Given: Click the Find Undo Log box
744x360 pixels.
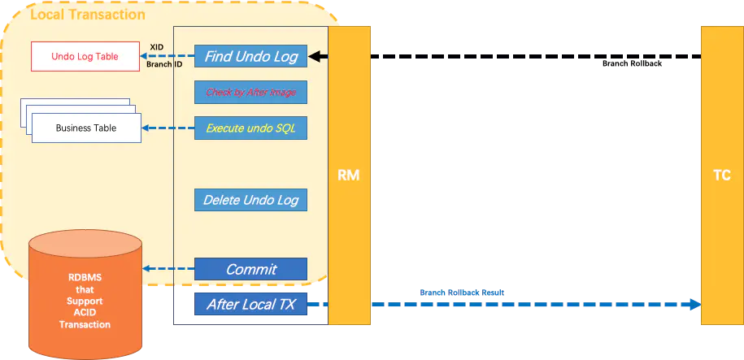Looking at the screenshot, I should point(250,57).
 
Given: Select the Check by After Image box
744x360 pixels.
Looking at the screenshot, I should point(250,93).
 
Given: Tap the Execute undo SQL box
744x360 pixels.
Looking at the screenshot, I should point(250,128).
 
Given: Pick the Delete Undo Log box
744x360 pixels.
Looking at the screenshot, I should point(250,200).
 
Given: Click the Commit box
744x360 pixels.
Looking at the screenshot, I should point(250,269).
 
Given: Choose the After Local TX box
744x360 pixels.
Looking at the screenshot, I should point(250,305).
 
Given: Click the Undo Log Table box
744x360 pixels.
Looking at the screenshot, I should point(85,57).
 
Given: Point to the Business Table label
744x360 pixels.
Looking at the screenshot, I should point(85,128).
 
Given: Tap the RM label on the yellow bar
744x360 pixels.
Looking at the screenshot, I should point(349,176).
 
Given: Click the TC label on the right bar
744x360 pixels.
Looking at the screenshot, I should point(721,176).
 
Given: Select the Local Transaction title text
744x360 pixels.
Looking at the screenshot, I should point(88,15).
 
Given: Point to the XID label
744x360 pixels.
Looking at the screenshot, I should point(157,47).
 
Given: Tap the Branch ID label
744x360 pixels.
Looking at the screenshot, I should point(163,64).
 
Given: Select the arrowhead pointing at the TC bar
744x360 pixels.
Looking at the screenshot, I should point(694,305).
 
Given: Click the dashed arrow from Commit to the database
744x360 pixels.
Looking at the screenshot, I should point(169,269).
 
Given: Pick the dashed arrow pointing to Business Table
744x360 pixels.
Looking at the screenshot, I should point(168,128).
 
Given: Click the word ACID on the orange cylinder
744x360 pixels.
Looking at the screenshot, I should point(85,313).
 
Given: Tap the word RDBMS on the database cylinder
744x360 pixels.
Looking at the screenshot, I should point(85,277).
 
